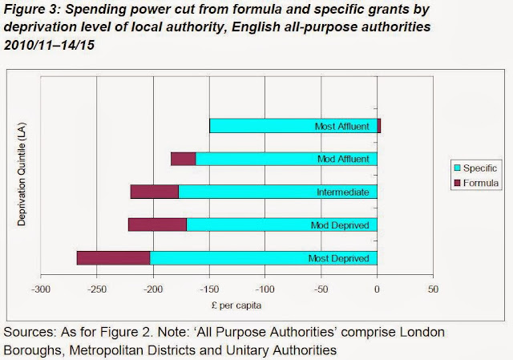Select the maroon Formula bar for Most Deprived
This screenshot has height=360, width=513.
[113, 258]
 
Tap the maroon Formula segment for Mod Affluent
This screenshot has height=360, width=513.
[184, 159]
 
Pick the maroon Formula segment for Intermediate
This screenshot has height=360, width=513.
[154, 192]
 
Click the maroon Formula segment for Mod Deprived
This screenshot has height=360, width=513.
[157, 225]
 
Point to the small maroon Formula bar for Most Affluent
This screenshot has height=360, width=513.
[378, 126]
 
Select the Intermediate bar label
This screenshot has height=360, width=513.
[342, 192]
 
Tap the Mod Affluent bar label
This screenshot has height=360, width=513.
[343, 159]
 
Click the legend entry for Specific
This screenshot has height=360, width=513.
[476, 168]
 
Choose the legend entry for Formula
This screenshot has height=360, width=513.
[476, 183]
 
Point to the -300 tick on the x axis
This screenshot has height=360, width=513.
[42, 289]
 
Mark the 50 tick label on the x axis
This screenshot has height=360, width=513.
[433, 289]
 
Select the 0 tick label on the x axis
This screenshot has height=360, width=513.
[378, 289]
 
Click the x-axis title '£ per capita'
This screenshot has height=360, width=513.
[238, 305]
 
